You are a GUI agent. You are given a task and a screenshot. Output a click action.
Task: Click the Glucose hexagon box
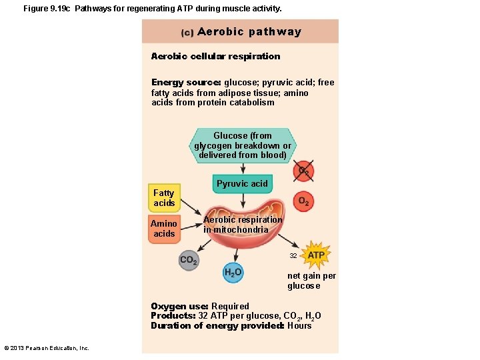pyautogui.click(x=243, y=145)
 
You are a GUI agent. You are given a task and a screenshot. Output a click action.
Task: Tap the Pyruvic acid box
pyautogui.click(x=242, y=183)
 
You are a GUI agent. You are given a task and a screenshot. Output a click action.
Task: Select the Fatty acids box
pyautogui.click(x=164, y=198)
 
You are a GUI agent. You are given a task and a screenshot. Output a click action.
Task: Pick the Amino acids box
pyautogui.click(x=164, y=229)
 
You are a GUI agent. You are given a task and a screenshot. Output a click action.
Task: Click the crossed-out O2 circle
pyautogui.click(x=303, y=171)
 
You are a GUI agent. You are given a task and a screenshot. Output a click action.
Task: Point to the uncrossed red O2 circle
pyautogui.click(x=303, y=201)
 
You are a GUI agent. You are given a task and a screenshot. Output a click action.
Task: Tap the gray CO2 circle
pyautogui.click(x=189, y=260)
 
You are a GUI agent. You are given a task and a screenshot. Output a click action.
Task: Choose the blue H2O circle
pyautogui.click(x=233, y=273)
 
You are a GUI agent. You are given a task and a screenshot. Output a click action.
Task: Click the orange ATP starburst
pyautogui.click(x=316, y=255)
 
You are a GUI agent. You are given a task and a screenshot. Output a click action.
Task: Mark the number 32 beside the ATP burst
pyautogui.click(x=293, y=256)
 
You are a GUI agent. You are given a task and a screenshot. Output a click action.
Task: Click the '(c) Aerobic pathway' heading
pyautogui.click(x=241, y=32)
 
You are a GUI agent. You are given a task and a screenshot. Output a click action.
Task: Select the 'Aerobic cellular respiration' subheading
pyautogui.click(x=215, y=56)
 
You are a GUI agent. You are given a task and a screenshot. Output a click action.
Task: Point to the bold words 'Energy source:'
pyautogui.click(x=186, y=83)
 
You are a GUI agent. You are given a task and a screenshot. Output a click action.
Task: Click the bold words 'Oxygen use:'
pyautogui.click(x=179, y=307)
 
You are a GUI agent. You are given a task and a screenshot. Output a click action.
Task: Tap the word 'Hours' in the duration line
pyautogui.click(x=299, y=326)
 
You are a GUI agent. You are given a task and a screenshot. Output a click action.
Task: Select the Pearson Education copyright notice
pyautogui.click(x=47, y=348)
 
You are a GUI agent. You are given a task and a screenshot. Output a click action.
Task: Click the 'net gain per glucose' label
pyautogui.click(x=311, y=281)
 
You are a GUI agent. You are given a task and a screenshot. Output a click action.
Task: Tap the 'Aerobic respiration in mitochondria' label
pyautogui.click(x=243, y=225)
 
